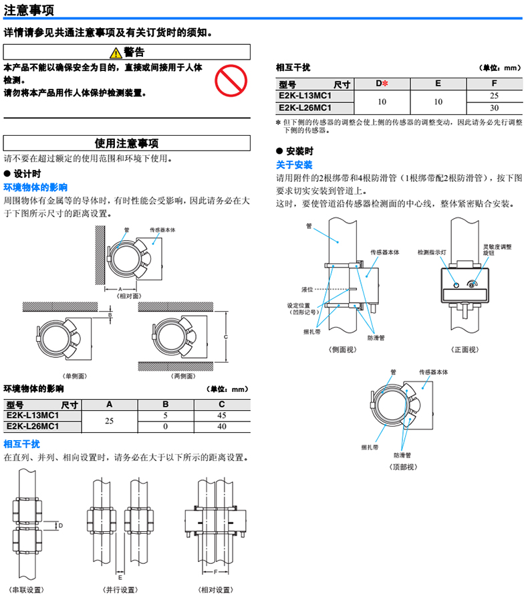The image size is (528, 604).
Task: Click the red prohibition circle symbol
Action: click(x=231, y=80)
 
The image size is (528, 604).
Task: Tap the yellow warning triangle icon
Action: click(x=116, y=53)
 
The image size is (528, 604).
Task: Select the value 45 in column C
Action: click(x=222, y=415)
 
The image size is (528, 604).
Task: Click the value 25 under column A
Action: click(x=110, y=421)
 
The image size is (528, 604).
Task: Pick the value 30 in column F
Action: click(x=494, y=108)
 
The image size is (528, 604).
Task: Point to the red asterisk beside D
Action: click(x=385, y=83)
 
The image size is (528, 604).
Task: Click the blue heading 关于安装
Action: click(x=294, y=165)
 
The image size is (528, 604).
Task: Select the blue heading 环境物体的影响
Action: click(x=35, y=187)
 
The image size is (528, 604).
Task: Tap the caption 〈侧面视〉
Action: click(x=342, y=349)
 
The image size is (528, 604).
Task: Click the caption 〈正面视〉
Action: click(x=465, y=349)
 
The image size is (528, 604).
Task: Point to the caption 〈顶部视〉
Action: click(x=403, y=467)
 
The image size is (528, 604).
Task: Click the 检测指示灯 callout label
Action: click(x=432, y=252)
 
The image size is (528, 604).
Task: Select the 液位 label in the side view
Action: click(x=307, y=289)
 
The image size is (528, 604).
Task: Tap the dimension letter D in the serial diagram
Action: click(x=60, y=526)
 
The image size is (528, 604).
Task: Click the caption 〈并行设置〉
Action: click(x=120, y=590)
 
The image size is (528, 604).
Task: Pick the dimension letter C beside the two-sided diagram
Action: click(x=226, y=337)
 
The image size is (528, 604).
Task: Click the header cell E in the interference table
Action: click(x=438, y=83)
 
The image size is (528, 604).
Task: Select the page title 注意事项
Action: click(x=29, y=9)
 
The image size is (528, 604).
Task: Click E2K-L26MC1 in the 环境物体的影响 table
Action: click(x=33, y=426)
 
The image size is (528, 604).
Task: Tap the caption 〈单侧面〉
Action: click(x=75, y=376)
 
